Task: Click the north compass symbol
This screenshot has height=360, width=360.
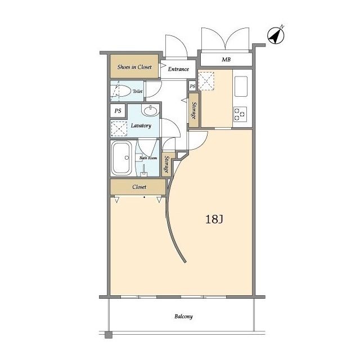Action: [x=276, y=35]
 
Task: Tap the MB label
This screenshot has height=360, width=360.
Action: [x=226, y=60]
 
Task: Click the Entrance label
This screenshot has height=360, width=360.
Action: [x=178, y=69]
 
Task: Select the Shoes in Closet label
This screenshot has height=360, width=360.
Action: [x=134, y=67]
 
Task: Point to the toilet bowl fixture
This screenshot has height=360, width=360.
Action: [x=120, y=91]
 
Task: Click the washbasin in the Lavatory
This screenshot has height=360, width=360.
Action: [x=150, y=111]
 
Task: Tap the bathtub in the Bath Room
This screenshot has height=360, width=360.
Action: [x=121, y=157]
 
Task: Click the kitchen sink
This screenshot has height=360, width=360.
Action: [x=241, y=86]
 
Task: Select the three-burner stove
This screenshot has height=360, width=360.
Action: [x=240, y=114]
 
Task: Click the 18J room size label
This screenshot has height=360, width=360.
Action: [x=214, y=219]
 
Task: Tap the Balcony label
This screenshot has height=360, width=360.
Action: [x=184, y=317]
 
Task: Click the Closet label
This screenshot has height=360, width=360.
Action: [x=139, y=187]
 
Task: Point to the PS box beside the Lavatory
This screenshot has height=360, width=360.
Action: [x=118, y=111]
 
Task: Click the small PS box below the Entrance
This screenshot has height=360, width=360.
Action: [x=192, y=86]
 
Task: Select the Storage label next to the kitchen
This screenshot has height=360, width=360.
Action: [x=193, y=110]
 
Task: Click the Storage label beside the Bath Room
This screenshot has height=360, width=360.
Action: [x=166, y=165]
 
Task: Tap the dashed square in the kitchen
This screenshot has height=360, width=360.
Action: [x=206, y=81]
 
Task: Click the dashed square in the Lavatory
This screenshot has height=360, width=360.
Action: [x=119, y=129]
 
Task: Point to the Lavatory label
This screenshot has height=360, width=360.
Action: [x=141, y=125]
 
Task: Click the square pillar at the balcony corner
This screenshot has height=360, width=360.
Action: [x=109, y=335]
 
